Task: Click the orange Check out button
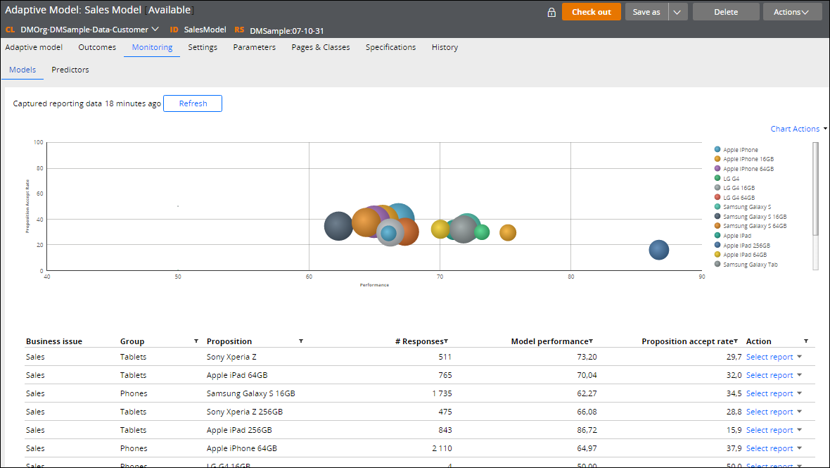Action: [591, 12]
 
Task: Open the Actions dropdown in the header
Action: [791, 12]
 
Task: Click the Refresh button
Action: [193, 103]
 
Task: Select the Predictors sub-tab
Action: [70, 70]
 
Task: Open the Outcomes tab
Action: [97, 47]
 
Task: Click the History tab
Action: [445, 47]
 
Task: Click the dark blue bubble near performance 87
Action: [658, 250]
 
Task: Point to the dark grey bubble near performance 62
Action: [338, 226]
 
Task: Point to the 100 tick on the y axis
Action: [39, 142]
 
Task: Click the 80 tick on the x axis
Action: [570, 277]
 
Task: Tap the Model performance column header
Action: [550, 341]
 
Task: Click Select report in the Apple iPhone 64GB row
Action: [770, 448]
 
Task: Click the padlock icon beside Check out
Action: [551, 12]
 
